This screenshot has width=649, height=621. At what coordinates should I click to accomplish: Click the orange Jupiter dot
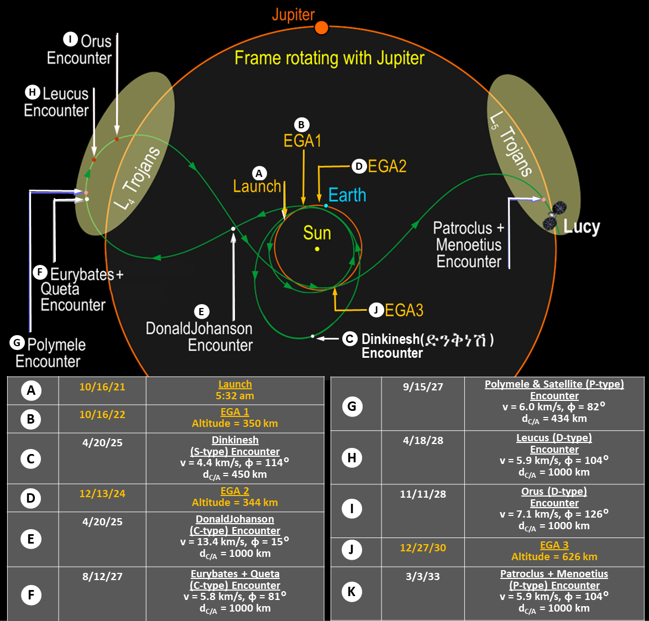coord(321,28)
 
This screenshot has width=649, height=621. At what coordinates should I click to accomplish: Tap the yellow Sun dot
coord(317,249)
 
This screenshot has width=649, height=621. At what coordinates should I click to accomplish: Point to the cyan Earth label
coord(347,195)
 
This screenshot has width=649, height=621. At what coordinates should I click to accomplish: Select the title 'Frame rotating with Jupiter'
coord(329,58)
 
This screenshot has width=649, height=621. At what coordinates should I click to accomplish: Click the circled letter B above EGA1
coord(301,125)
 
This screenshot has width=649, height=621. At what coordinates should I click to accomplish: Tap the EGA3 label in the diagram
coord(404,310)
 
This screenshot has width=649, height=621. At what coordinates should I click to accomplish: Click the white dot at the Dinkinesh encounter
coord(312,336)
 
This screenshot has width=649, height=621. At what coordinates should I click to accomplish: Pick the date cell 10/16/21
coord(102,387)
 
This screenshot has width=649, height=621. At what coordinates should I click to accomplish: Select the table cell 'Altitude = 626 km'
coord(554,557)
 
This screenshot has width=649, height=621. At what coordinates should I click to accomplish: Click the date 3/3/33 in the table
coord(423,577)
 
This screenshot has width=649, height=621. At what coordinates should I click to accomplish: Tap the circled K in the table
coord(352,592)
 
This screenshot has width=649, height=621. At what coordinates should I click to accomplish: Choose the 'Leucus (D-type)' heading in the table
coord(554,438)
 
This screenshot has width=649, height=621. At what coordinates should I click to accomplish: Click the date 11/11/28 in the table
coord(423,494)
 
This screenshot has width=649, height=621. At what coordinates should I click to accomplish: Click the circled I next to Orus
coord(70,39)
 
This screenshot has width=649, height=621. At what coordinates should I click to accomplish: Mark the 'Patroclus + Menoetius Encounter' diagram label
coord(469,244)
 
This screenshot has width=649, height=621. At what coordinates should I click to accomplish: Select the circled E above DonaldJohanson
coord(201,312)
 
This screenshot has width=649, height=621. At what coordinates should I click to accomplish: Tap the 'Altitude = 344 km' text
coord(234,503)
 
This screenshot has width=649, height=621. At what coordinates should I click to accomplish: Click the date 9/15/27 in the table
coord(423,387)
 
